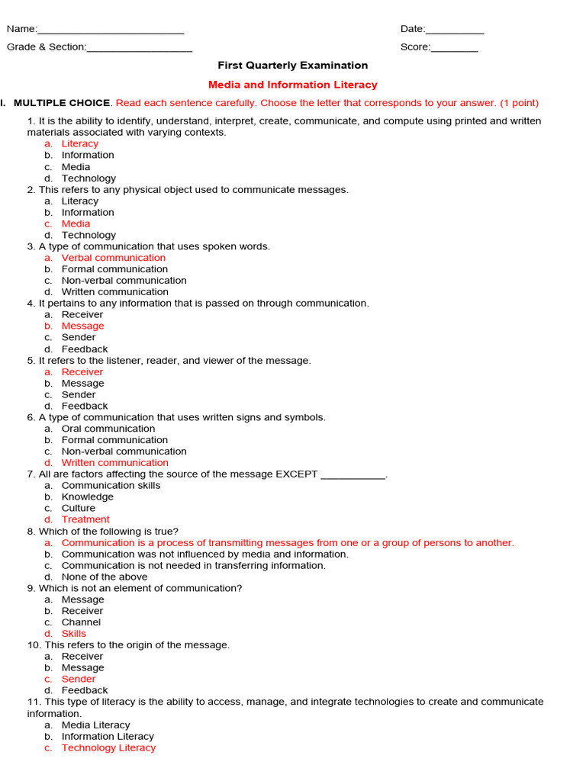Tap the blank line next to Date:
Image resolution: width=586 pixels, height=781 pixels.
[455, 31]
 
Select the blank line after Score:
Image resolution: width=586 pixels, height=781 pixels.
[455, 48]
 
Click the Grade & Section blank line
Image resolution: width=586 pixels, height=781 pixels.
[140, 48]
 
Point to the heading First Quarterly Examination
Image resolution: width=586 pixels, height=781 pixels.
[293, 66]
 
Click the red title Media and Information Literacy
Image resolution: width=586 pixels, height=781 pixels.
[293, 85]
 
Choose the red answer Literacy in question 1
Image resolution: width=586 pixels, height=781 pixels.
[80, 143]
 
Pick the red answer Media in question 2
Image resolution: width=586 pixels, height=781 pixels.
[76, 223]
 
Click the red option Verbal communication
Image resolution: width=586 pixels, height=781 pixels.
[113, 258]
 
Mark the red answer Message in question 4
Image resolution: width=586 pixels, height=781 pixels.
[82, 326]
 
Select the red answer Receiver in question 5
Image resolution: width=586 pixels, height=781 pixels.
[82, 372]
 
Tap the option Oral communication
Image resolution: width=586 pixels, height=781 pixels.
[108, 429]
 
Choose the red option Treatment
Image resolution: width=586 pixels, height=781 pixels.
[85, 519]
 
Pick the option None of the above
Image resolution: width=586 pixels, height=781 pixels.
[105, 577]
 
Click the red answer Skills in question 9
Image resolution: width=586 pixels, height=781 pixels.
[74, 634]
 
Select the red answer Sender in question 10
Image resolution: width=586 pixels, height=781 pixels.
[79, 679]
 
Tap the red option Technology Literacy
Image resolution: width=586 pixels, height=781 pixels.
[108, 748]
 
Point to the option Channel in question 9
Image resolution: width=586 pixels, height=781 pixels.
[81, 622]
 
